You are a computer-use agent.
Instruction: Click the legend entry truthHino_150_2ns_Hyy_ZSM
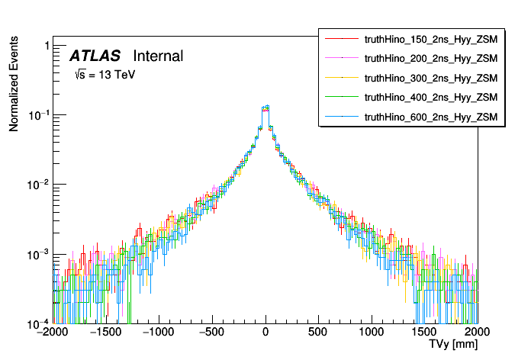click(431, 38)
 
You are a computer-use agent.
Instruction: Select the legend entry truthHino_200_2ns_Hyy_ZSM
click(431, 58)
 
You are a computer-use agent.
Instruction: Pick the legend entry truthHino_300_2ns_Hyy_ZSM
click(431, 78)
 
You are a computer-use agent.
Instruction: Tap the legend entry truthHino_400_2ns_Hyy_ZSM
click(431, 98)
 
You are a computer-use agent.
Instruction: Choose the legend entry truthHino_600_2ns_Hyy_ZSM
click(431, 117)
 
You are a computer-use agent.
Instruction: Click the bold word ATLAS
click(95, 56)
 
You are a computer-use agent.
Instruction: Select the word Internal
click(158, 56)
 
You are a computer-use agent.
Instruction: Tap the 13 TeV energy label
click(105, 76)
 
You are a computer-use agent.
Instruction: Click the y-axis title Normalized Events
click(14, 84)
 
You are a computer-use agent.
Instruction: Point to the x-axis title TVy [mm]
click(452, 345)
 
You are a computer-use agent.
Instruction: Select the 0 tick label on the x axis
click(265, 333)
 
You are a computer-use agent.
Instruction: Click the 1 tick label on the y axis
click(47, 46)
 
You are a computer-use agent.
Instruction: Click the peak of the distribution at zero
click(265, 108)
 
